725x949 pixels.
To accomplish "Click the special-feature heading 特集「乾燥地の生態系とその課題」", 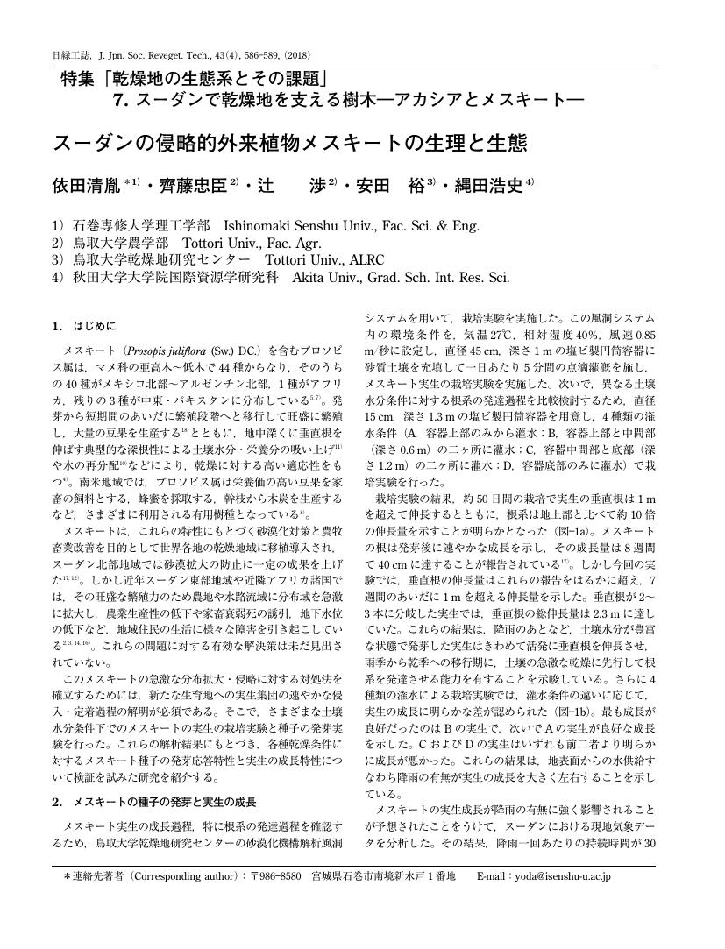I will coord(194,78).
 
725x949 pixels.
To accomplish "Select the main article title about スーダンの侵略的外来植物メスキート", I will coord(289,142).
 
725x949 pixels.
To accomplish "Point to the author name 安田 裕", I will coord(390,186).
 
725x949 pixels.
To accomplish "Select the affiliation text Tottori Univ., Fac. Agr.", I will coord(253,243).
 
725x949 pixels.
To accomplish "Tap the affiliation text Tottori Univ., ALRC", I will coord(323,260).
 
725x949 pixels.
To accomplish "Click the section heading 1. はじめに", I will coord(83,327).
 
